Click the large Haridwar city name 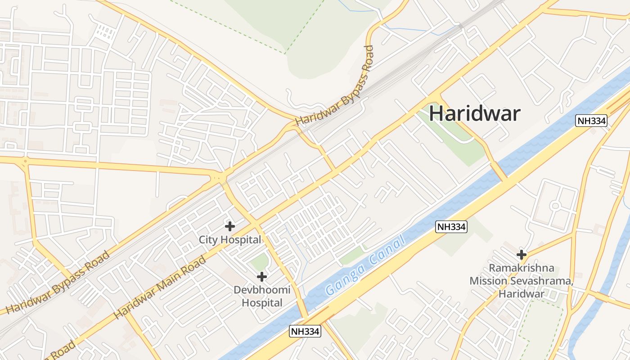pos(474,113)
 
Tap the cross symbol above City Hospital pos(230,226)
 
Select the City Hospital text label pos(230,240)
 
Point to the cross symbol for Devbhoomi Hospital pos(262,276)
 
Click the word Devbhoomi pos(262,290)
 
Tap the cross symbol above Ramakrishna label pos(522,255)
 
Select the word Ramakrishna pos(522,268)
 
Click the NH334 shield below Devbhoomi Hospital pos(305,332)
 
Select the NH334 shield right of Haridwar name pos(591,121)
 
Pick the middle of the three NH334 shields pos(451,227)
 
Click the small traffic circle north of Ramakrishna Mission pos(555,206)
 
